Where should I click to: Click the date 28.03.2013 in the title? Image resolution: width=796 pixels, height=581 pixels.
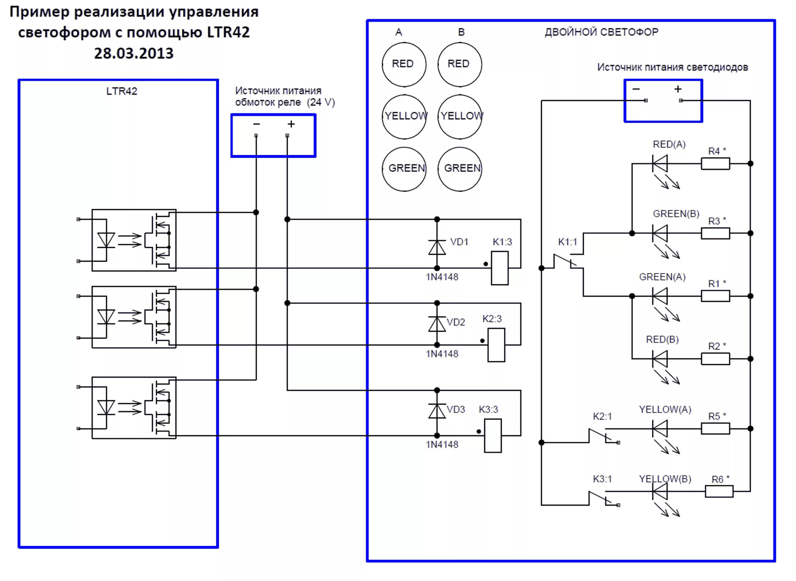coord(134,54)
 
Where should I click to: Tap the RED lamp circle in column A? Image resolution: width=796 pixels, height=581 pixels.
coord(404,64)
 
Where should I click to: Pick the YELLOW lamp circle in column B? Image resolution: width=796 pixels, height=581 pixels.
coord(460,116)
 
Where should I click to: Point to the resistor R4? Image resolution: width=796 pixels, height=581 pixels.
coord(715,163)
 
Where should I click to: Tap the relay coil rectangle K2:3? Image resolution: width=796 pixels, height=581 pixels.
coord(496,345)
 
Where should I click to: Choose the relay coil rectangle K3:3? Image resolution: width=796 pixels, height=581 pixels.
coord(492,435)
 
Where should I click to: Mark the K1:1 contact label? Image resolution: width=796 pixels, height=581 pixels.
coord(567,242)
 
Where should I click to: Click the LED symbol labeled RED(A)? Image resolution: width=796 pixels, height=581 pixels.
coord(660,163)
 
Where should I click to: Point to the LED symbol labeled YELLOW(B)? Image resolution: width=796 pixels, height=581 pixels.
coord(660,491)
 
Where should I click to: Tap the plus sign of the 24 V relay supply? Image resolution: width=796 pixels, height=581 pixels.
coord(291,124)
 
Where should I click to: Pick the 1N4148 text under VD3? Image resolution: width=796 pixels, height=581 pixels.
coord(442,445)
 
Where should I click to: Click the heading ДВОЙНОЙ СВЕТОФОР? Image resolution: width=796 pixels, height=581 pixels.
coord(601,32)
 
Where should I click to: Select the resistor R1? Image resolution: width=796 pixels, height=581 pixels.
coord(715,296)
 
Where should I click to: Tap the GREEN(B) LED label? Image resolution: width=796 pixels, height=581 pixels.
coord(676,214)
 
